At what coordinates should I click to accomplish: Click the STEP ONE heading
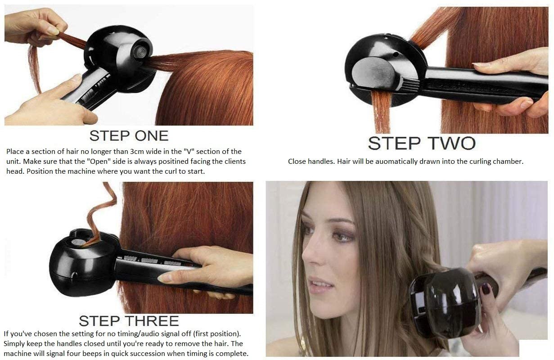pos(129,135)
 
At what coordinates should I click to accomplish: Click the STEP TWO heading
pos(422,143)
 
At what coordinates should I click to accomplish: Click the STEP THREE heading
pos(129,321)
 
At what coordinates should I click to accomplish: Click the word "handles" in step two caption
pos(322,161)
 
